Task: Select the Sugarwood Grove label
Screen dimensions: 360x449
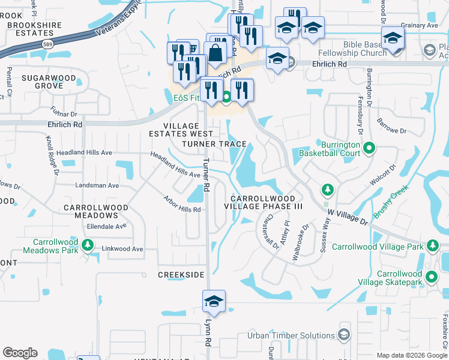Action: click(x=49, y=82)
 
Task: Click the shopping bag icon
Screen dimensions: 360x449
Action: click(x=216, y=52)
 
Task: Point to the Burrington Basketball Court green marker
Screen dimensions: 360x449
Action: click(x=369, y=148)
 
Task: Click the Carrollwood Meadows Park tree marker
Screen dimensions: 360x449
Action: click(x=88, y=244)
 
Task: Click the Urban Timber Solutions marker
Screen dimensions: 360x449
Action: click(x=344, y=334)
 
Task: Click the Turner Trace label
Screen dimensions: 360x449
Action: click(x=214, y=144)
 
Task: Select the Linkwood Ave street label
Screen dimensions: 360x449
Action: click(x=123, y=248)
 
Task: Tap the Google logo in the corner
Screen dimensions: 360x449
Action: click(x=20, y=353)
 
